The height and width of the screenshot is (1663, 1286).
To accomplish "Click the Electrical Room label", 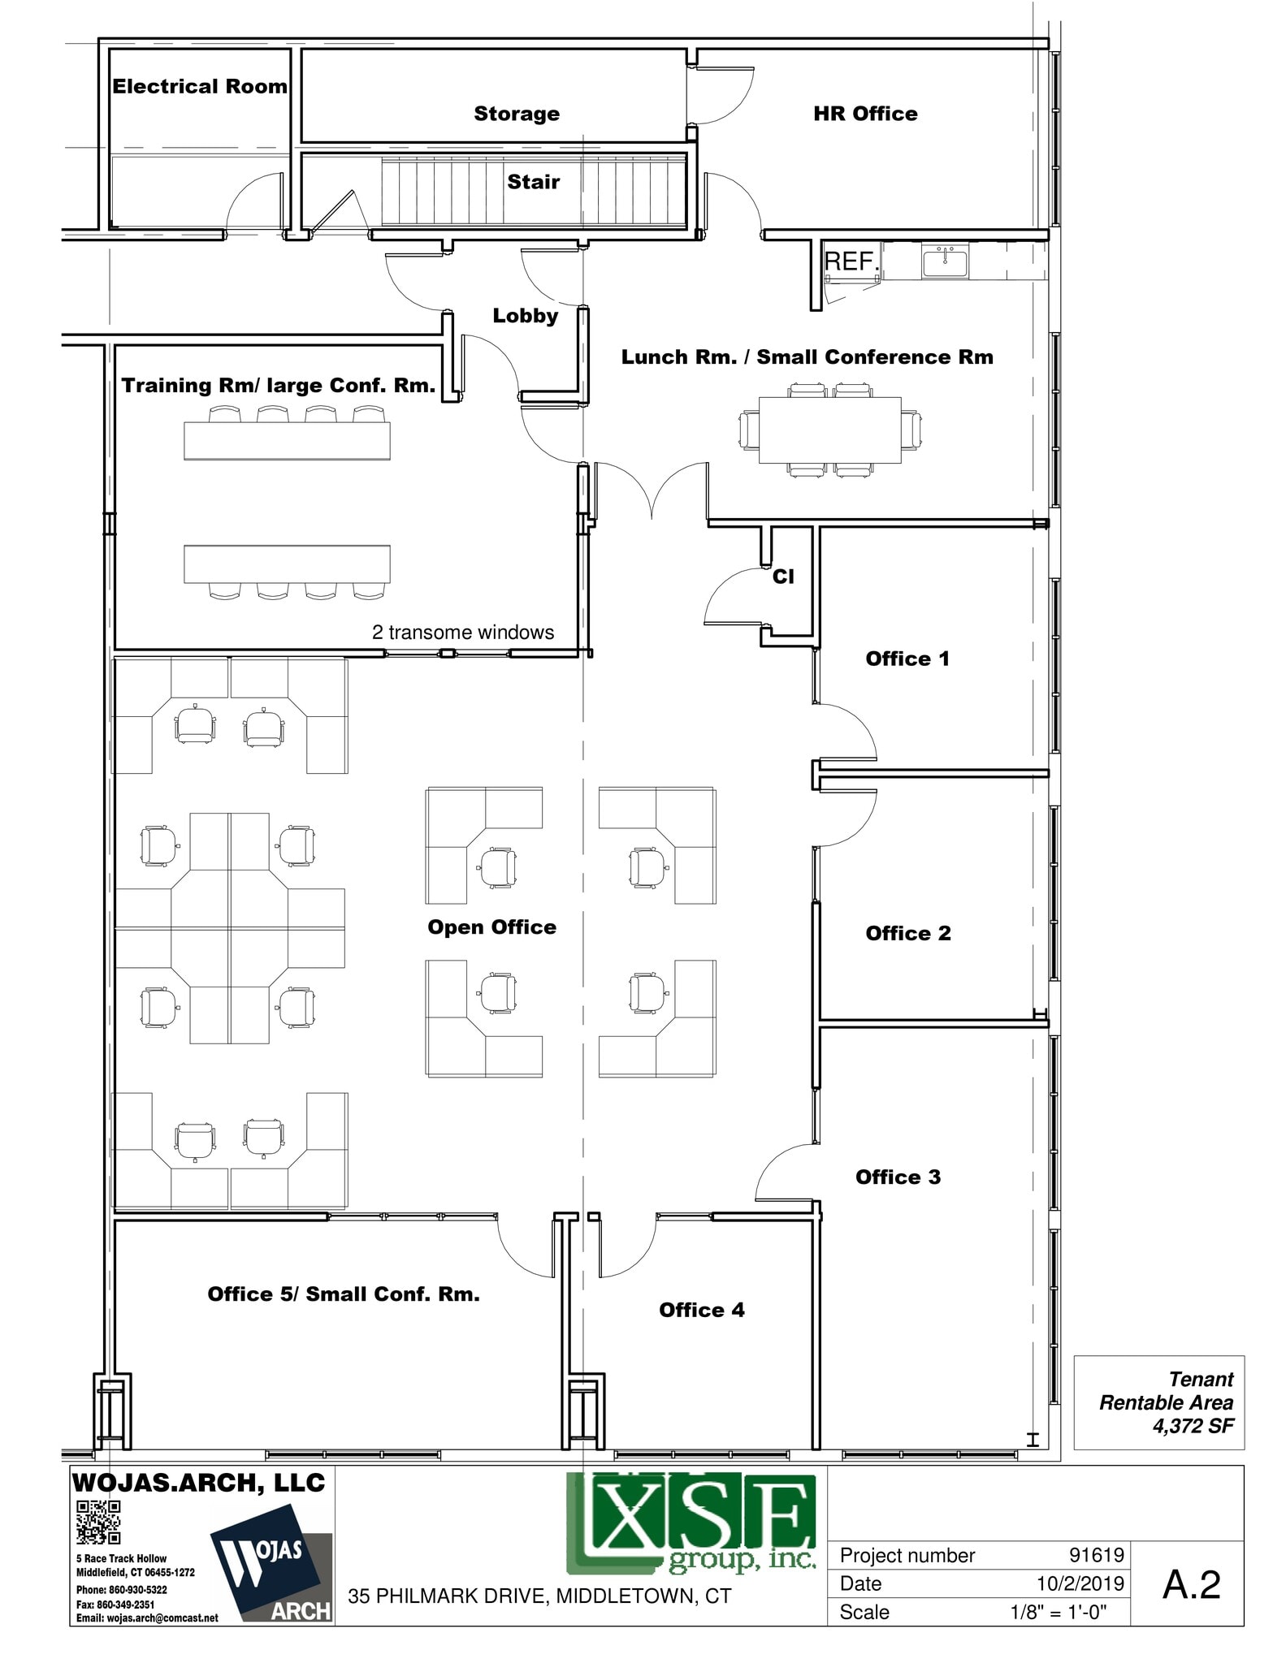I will point(199,87).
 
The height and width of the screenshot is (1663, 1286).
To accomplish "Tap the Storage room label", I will point(517,114).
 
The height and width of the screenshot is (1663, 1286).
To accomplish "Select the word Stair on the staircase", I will point(534,182).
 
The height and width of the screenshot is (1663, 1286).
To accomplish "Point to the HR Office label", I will point(865,114).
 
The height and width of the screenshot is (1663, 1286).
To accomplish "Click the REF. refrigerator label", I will point(851,261).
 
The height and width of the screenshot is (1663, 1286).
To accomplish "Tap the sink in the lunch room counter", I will point(945,262).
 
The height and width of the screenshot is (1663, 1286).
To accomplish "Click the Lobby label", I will point(526,316).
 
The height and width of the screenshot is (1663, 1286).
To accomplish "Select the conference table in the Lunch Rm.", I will point(829,430).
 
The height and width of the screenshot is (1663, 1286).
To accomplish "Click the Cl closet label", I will point(783,577).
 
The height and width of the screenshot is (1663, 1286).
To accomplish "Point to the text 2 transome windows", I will point(463,633).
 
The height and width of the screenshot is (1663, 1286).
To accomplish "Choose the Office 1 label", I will point(907,659).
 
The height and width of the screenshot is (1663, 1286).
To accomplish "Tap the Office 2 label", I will point(908,933).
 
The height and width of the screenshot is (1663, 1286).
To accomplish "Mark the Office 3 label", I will point(898,1177).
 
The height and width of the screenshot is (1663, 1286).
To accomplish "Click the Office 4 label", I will point(702,1310).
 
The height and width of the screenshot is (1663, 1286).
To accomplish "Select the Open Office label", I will point(492,927).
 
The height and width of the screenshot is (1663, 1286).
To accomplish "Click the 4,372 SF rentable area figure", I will point(1193,1426).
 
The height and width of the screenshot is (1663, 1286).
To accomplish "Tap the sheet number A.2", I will point(1191,1584).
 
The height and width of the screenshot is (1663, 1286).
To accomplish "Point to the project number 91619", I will point(1096,1555).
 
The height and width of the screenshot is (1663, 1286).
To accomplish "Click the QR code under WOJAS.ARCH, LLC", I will point(98,1522).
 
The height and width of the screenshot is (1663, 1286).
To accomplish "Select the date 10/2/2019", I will point(1080,1583).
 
